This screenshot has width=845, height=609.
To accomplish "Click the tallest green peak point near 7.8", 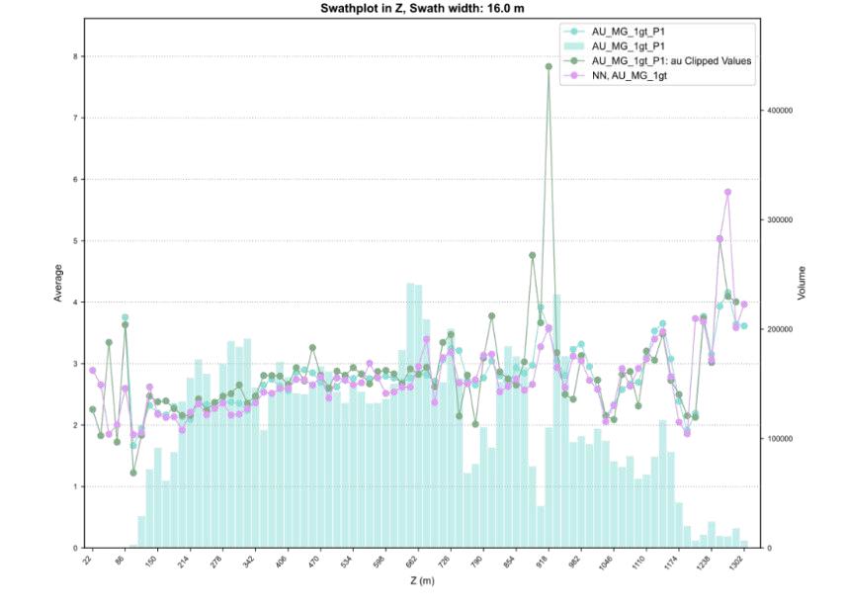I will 549,67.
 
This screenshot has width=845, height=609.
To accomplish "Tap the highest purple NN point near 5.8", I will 727,193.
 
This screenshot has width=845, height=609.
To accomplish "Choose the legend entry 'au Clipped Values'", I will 671,60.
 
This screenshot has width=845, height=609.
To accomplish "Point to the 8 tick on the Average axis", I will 73,56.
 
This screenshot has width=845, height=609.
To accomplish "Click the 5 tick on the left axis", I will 73,241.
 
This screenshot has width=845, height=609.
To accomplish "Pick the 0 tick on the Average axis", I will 73,548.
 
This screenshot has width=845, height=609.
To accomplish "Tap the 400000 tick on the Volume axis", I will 782,111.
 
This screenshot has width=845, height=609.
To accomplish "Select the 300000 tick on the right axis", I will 782,219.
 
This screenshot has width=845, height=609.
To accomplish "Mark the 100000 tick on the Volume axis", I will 782,438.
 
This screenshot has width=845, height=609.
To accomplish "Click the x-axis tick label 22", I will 89,563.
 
